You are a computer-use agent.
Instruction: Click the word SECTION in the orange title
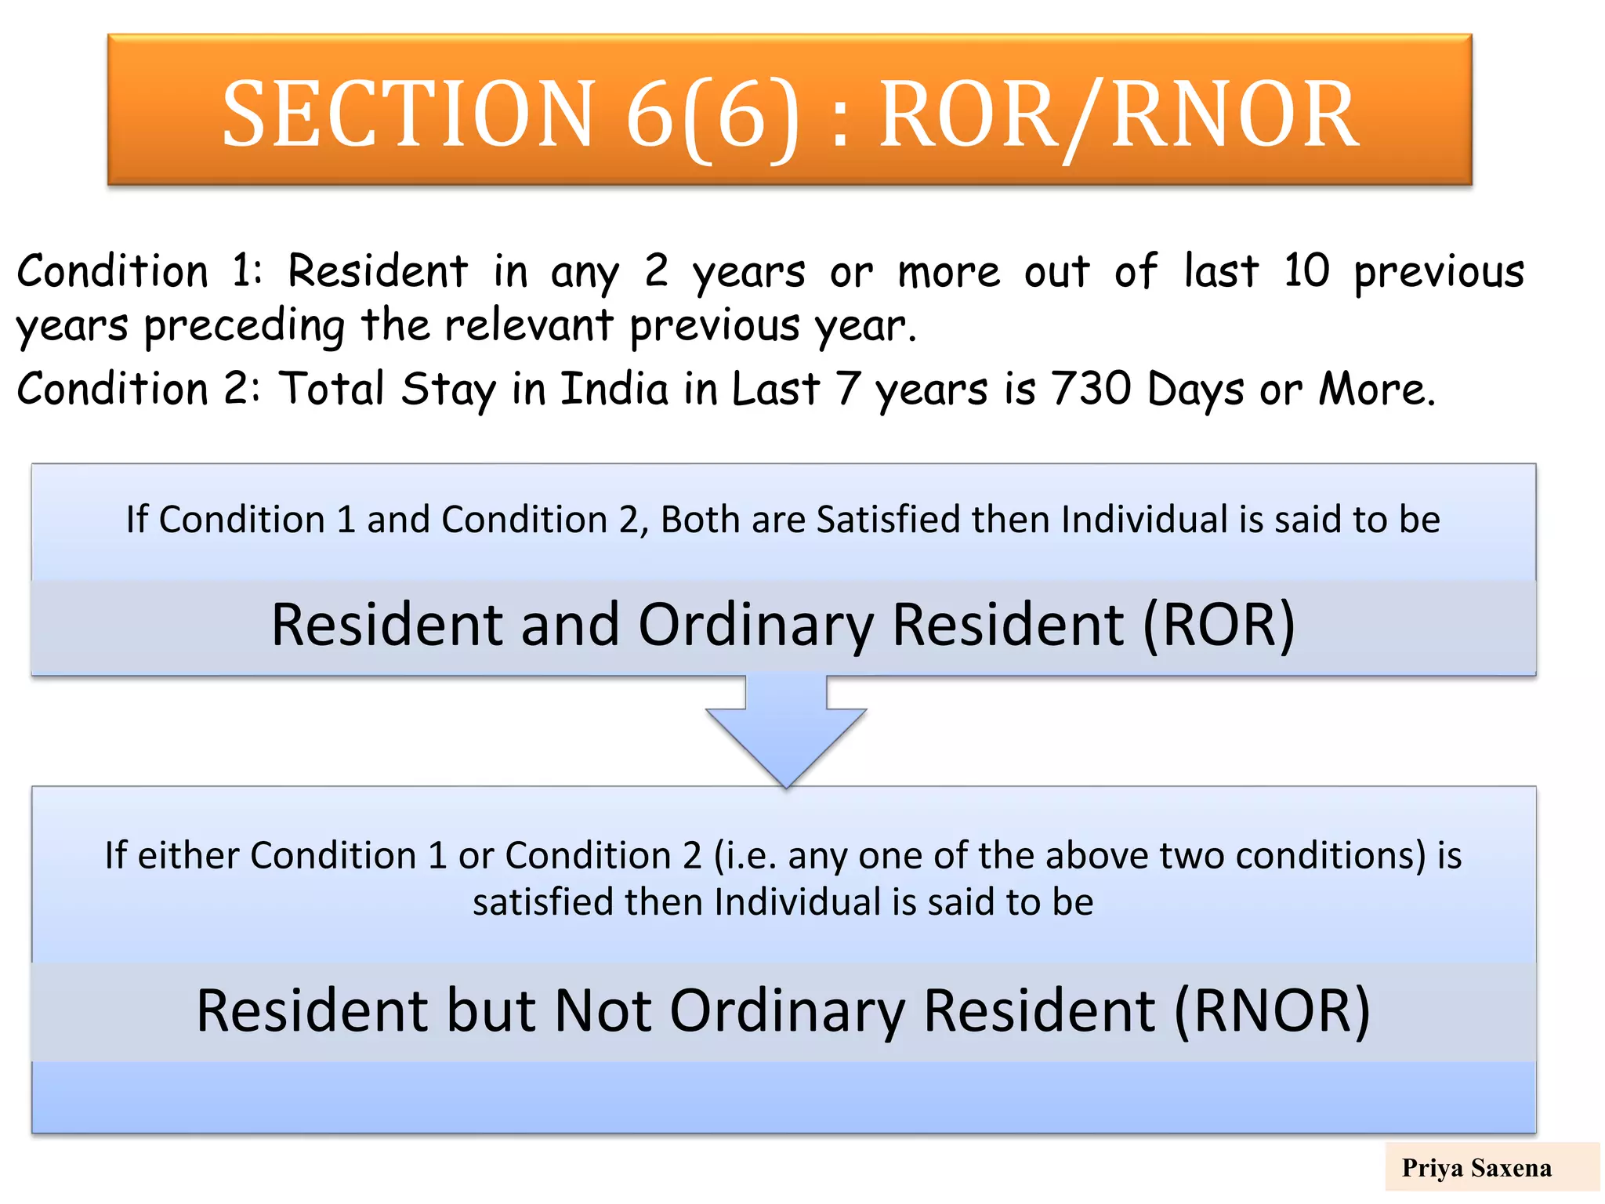pyautogui.click(x=408, y=115)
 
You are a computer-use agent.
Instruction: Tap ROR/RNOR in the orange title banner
pyautogui.click(x=1118, y=115)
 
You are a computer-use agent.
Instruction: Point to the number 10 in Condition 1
pyautogui.click(x=1306, y=271)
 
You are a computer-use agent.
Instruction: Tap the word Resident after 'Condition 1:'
pyautogui.click(x=378, y=271)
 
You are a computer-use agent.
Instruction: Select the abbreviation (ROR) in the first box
pyautogui.click(x=1219, y=625)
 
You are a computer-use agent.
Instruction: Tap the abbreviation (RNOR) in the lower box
pyautogui.click(x=1272, y=1011)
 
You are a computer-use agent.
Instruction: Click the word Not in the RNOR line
pyautogui.click(x=603, y=1011)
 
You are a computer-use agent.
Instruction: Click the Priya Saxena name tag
pyautogui.click(x=1476, y=1168)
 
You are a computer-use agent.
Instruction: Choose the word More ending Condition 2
pyautogui.click(x=1375, y=389)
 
